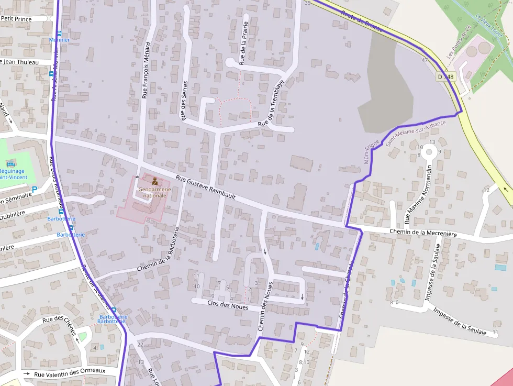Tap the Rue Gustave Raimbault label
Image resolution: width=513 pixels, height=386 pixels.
pos(206,187)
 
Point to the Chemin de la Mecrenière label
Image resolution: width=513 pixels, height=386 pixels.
pos(423,233)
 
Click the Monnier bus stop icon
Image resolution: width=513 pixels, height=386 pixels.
pos(59,33)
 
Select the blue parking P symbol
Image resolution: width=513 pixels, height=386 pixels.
pos(35,189)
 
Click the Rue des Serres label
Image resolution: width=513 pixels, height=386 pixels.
pos(184,101)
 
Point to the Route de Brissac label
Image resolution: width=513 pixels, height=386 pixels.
pos(361,21)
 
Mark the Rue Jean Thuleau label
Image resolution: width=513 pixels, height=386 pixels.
pos(20,62)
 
